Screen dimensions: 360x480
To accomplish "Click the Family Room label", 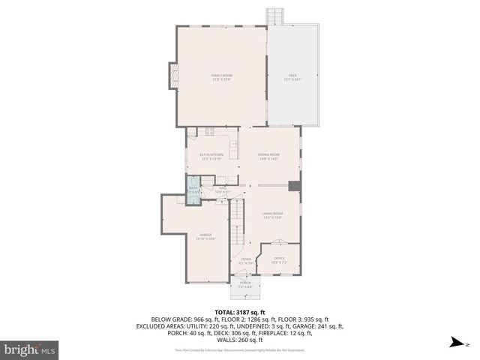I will coord(221,77).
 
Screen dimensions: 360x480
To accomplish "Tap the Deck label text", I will coord(292,77).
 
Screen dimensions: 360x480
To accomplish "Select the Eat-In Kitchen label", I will coord(211,157).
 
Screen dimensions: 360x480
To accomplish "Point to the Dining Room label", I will coord(268,156).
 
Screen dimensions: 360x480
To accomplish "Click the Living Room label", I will coord(271,215).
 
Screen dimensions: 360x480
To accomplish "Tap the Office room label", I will coord(278,260).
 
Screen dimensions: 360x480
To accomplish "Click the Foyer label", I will coord(245,261).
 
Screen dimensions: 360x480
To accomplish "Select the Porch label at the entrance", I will coord(245,284).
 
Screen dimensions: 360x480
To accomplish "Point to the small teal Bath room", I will coord(193,189).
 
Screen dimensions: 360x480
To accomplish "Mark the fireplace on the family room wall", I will coord(174,75).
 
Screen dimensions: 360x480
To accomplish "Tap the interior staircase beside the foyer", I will coord(238,225).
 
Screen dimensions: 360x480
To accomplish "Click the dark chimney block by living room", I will coord(295,187).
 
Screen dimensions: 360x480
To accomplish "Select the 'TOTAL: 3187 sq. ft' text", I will coord(239,310).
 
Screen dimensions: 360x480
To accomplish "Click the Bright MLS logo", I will coord(30,349).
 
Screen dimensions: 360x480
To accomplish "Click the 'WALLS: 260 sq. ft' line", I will coord(240,341).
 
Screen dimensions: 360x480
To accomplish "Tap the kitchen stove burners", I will coord(208,133).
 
